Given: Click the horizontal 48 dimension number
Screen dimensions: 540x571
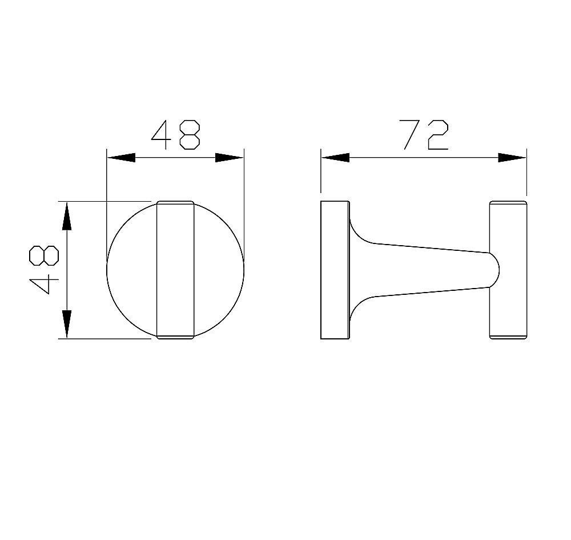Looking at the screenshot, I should coord(176,135).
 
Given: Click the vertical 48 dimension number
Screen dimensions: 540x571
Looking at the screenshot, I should coord(45,270).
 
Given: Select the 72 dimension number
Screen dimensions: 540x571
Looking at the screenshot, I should coord(424,135).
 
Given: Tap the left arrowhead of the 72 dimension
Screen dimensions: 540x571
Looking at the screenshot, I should coord(335,158).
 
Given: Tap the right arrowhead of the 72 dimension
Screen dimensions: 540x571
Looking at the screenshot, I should coord(512,158).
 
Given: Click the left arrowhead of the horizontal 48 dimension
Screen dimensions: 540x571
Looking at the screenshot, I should coord(121,158).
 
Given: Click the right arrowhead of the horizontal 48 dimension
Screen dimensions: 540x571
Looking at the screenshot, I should coord(230,158).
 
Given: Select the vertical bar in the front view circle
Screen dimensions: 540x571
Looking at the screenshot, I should coord(175,270).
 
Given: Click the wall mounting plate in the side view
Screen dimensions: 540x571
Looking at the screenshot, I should coord(335,270).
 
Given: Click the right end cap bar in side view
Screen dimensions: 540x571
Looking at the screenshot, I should coord(508,270).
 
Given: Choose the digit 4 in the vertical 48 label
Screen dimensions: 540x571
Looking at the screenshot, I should coord(45,285).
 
